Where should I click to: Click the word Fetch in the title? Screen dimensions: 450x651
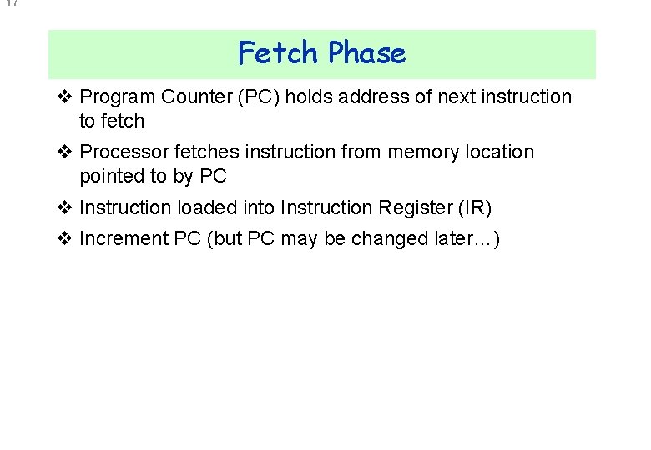279,53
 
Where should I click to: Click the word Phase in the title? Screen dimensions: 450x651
366,53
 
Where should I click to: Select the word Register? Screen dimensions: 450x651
406,207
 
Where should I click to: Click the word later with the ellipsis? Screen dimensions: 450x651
466,238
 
